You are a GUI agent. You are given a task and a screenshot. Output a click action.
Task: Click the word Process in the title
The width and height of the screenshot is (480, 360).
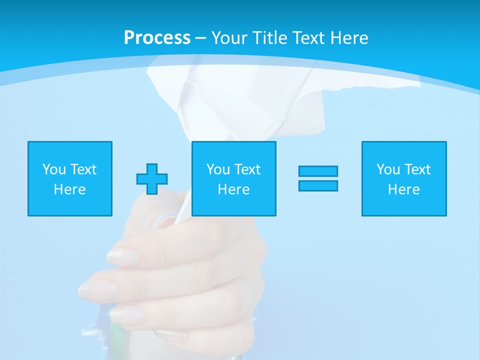[x=157, y=38]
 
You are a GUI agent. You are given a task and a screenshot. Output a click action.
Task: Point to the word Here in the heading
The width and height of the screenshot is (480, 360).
[x=349, y=38]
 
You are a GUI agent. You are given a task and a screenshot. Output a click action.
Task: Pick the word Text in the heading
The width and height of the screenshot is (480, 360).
[x=309, y=38]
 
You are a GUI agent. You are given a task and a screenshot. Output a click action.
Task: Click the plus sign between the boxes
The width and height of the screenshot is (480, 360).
[x=152, y=178]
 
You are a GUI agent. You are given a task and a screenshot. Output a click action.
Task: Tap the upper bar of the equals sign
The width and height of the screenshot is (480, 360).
[x=318, y=171]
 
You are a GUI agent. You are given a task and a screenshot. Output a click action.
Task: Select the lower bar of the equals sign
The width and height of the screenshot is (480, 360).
[x=318, y=185]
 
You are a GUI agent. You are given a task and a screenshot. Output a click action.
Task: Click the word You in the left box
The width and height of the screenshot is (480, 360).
[x=54, y=169]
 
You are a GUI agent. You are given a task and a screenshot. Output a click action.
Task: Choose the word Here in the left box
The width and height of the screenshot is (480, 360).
[x=69, y=189]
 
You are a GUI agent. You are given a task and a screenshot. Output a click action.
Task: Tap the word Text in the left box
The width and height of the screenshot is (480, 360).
[x=83, y=169]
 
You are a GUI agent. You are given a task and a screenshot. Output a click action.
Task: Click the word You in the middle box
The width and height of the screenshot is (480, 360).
[x=218, y=169]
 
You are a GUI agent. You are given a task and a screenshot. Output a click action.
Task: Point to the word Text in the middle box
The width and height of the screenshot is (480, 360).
[x=247, y=169]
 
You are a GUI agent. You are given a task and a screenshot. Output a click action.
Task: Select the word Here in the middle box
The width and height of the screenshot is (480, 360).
[x=233, y=189]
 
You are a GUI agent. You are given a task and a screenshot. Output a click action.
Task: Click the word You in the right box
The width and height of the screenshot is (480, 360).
[x=388, y=169]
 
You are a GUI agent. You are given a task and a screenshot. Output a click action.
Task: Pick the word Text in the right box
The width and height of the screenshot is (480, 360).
[x=417, y=169]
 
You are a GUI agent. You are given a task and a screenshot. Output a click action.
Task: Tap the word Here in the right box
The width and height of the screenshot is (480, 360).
[x=403, y=189]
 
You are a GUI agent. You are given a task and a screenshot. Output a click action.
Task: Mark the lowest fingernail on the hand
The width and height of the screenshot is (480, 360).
[x=126, y=314]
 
